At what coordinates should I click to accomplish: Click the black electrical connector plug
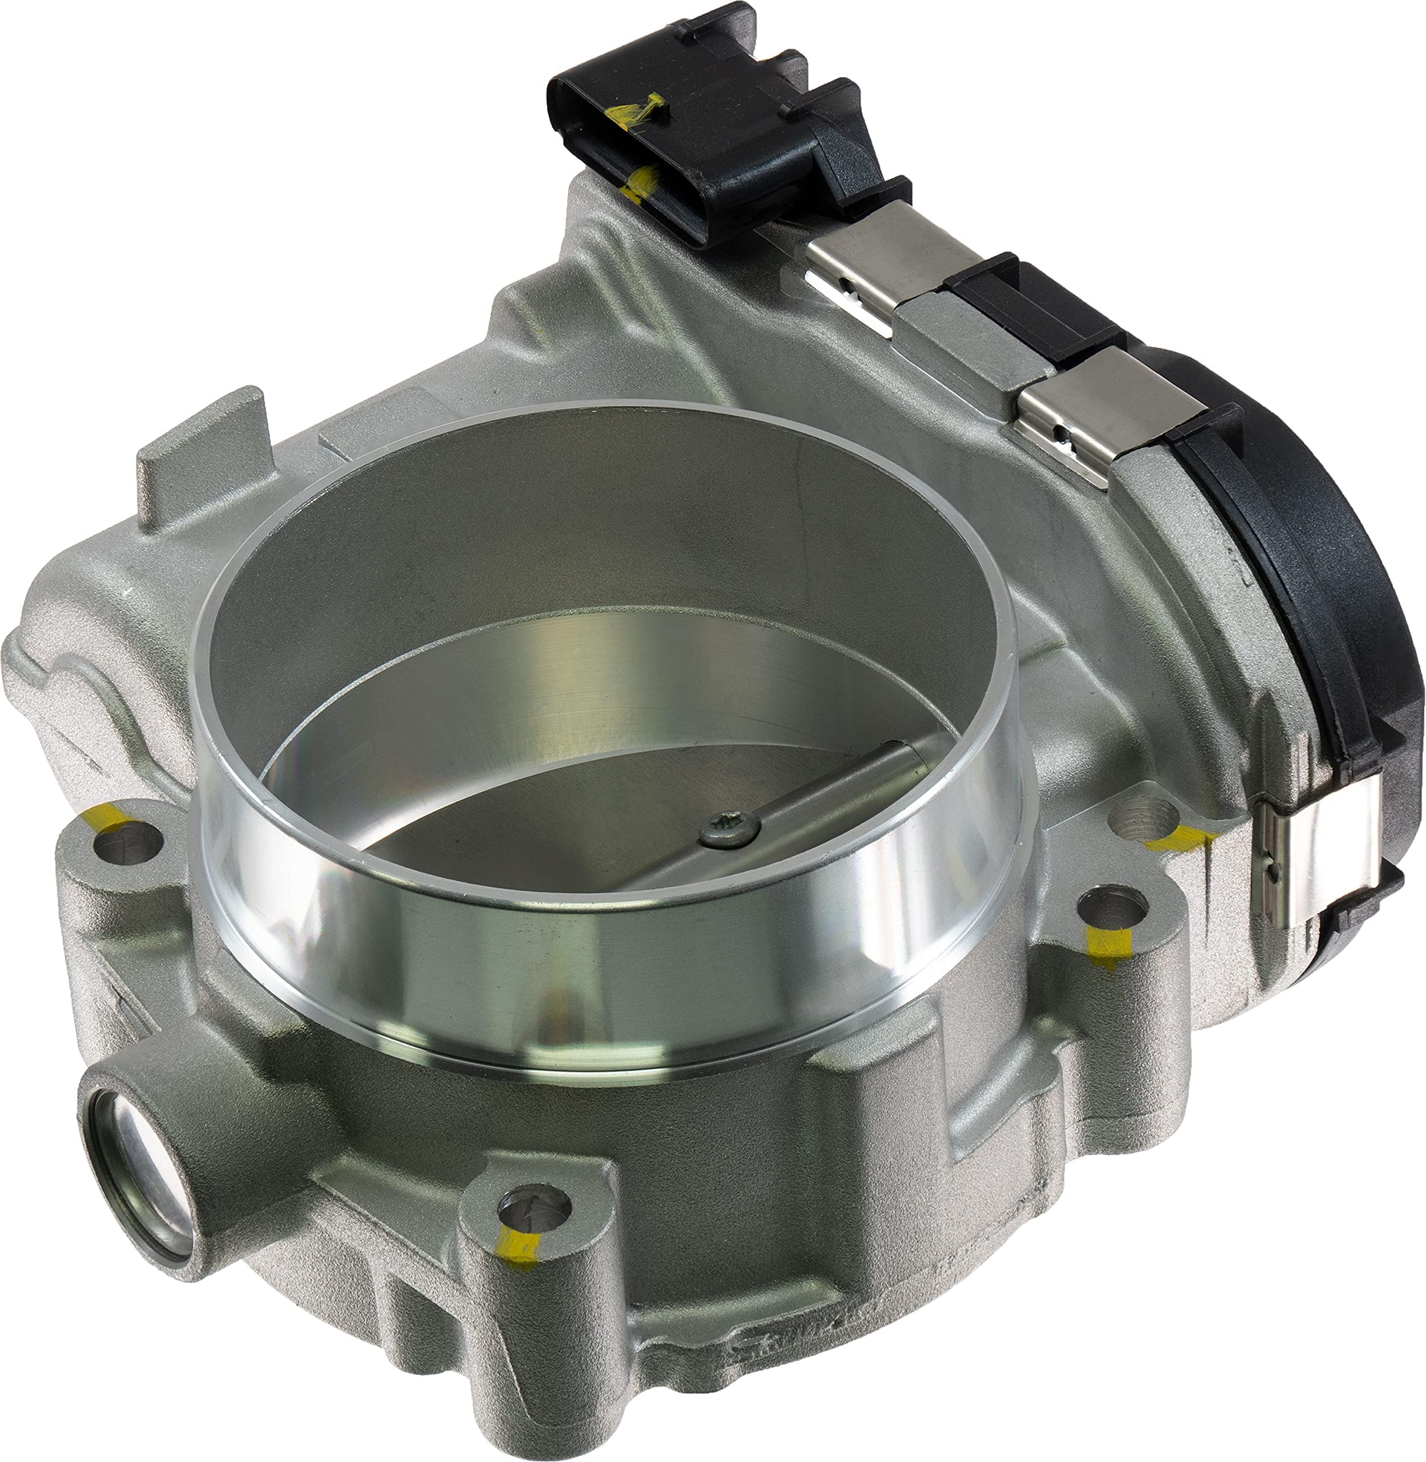coord(719,127)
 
